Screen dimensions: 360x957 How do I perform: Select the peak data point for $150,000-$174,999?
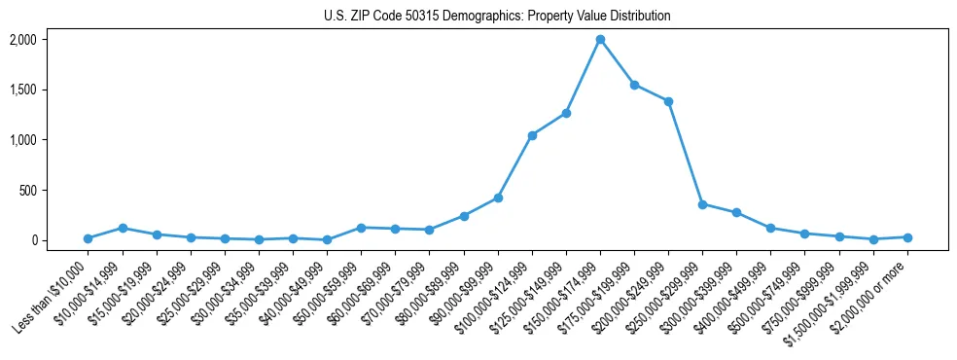point(600,40)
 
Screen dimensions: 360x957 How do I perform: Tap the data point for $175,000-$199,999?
point(634,85)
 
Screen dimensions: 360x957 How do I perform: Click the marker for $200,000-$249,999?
point(668,101)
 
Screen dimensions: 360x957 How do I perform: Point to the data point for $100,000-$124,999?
point(532,135)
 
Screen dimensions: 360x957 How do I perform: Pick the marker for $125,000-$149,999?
point(566,113)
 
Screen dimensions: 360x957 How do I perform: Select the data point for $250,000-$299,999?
point(702,204)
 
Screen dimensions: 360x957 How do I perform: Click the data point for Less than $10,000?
point(88,238)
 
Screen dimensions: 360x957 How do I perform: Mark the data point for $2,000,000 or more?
point(907,237)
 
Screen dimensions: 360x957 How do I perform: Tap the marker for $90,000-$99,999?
point(498,198)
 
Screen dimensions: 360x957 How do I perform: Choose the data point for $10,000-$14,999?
point(123,228)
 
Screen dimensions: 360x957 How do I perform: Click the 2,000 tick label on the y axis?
point(49,40)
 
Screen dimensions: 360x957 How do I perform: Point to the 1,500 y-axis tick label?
point(49,90)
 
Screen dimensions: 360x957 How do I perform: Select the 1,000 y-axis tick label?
point(49,140)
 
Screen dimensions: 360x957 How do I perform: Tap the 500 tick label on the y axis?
point(54,190)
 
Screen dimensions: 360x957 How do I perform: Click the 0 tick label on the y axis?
point(59,240)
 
